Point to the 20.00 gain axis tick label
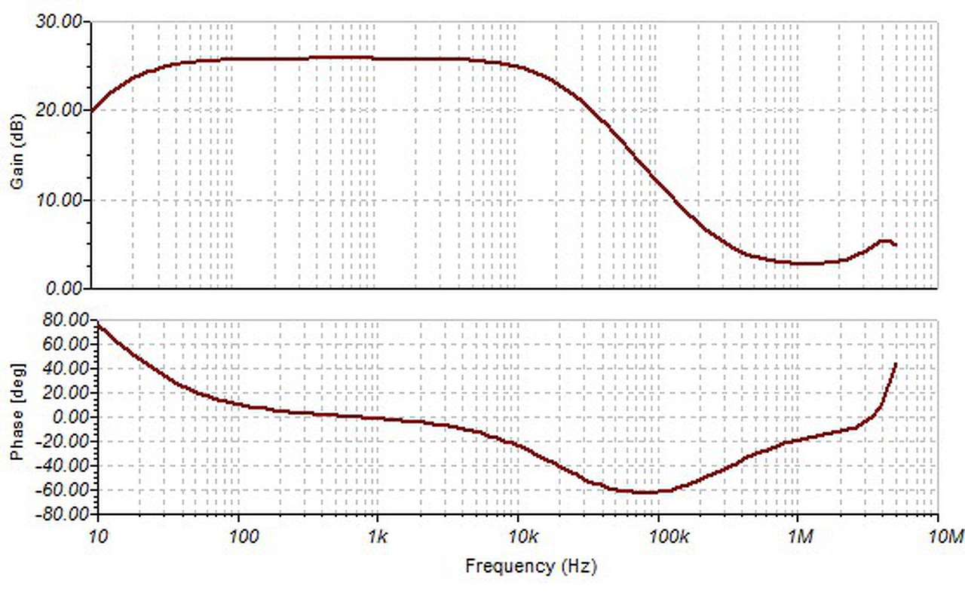60,110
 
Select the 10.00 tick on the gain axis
60,200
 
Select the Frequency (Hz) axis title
531,566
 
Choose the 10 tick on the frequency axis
97,537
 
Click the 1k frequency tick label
378,537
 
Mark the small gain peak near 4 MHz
885,241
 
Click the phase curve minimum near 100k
647,492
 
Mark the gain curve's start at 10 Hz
92,110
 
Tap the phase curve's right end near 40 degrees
896,363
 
